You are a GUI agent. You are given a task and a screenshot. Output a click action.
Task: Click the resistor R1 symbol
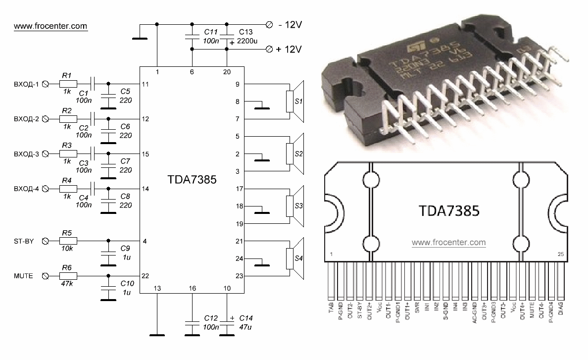point(68,85)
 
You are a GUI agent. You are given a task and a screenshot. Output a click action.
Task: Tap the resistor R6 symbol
point(68,276)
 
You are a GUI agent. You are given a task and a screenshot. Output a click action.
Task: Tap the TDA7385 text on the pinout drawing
point(449,212)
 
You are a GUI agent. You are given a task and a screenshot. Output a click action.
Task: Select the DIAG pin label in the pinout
point(561,311)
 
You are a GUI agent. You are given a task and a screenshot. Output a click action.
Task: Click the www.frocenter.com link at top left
point(50,25)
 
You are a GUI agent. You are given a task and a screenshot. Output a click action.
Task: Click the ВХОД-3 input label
point(25,154)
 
